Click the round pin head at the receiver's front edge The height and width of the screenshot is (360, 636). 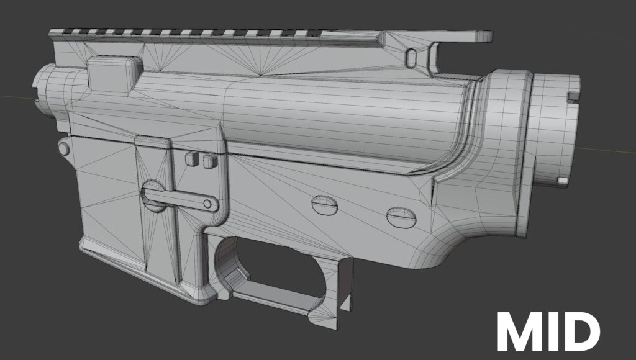click(x=63, y=147)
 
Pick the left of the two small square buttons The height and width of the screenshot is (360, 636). click(x=191, y=158)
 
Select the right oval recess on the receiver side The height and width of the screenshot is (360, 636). click(x=401, y=217)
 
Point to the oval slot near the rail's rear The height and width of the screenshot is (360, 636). click(x=411, y=57)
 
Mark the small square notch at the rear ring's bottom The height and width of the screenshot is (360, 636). click(x=562, y=179)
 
